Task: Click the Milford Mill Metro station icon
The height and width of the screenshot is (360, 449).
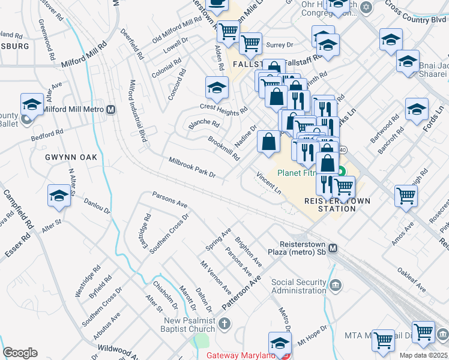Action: [x=110, y=110]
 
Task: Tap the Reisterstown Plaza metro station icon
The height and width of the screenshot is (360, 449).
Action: [x=333, y=248]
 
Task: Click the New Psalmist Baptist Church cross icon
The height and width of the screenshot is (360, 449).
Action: [x=224, y=325]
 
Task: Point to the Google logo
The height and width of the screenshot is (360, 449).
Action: [x=20, y=353]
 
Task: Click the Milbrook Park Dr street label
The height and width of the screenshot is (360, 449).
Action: [x=192, y=167]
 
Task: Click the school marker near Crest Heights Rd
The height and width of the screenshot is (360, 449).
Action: [x=217, y=88]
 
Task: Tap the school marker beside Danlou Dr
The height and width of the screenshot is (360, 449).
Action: [x=59, y=196]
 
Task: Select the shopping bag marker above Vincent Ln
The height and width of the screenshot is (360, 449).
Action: [x=269, y=142]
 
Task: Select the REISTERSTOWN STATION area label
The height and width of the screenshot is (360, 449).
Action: [x=330, y=205]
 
